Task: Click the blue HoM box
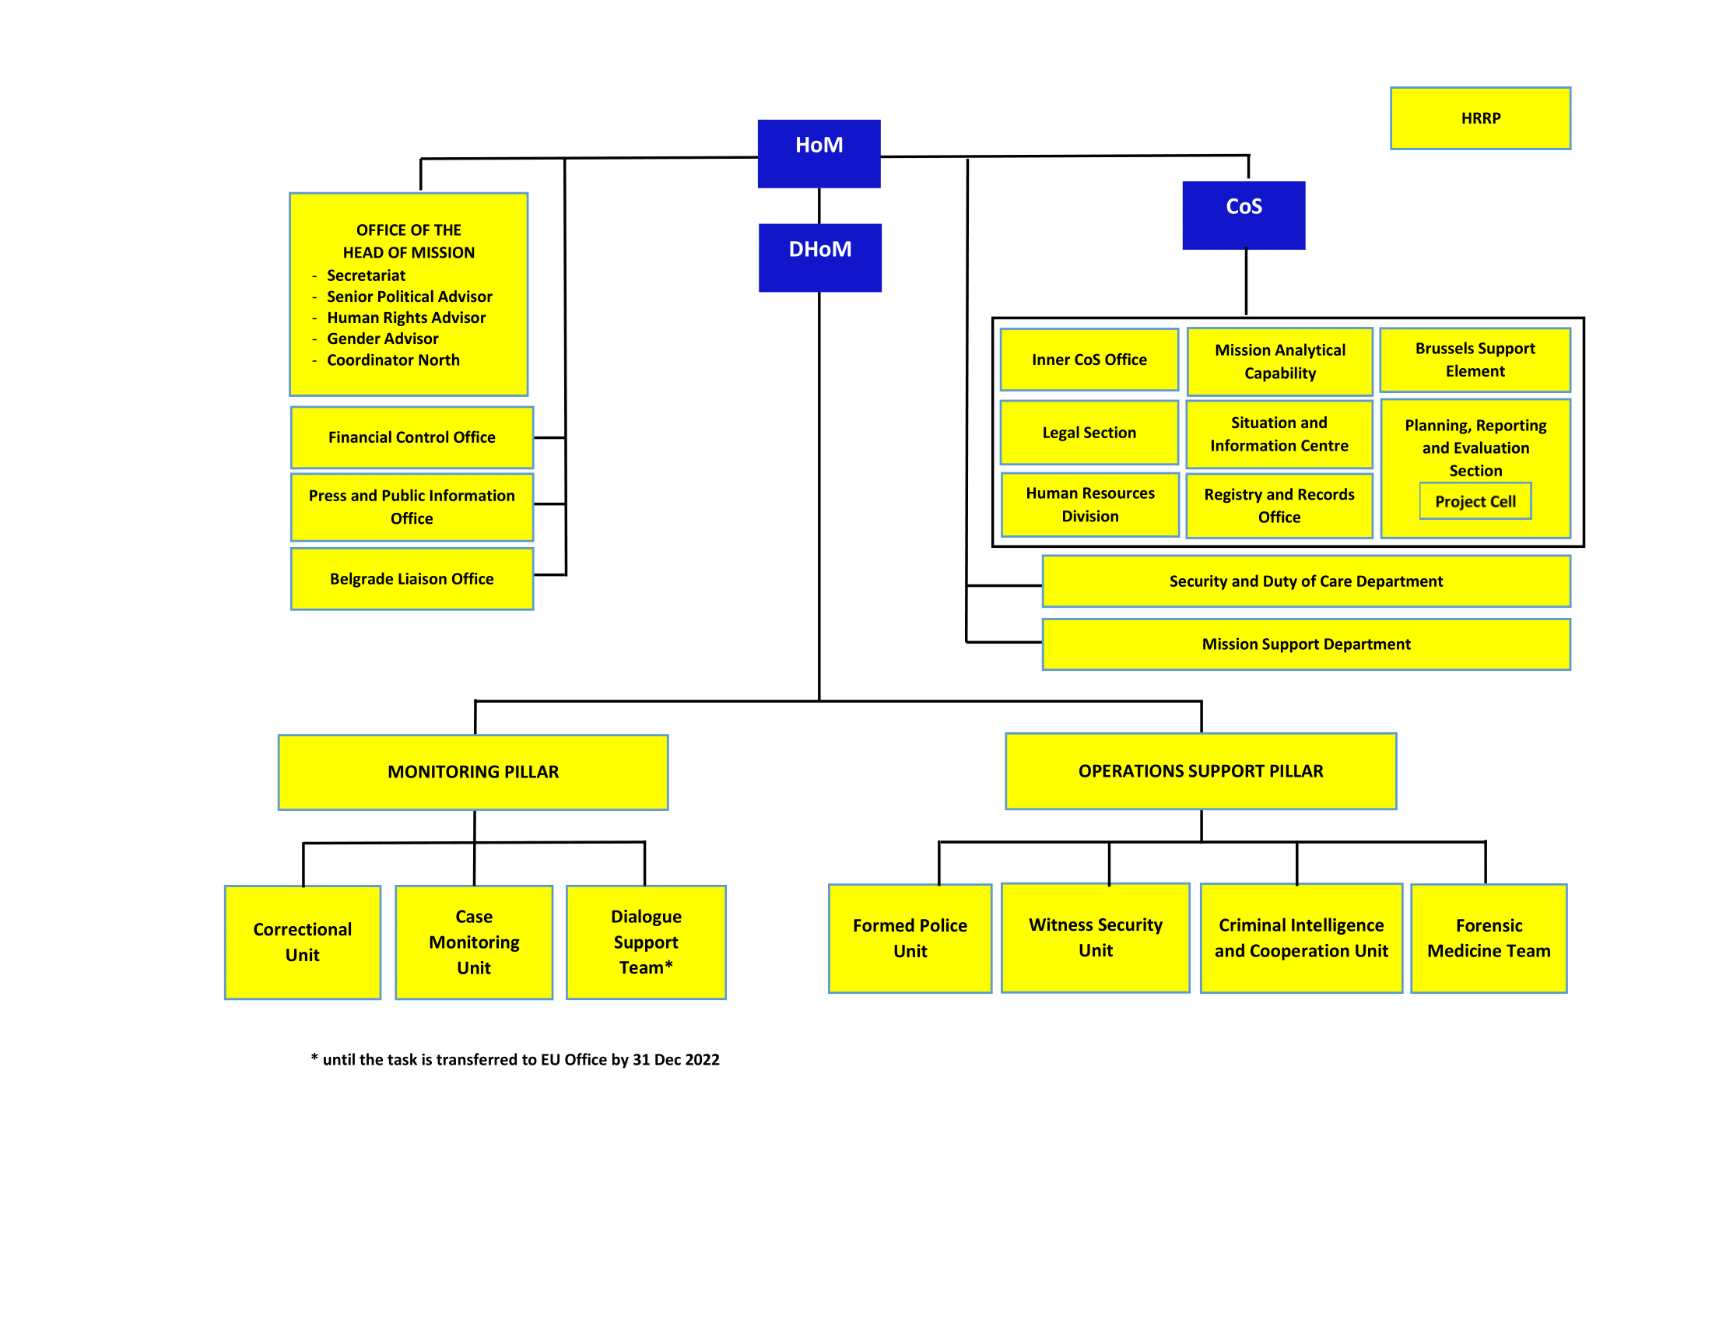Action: [x=819, y=153]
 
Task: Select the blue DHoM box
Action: [x=819, y=257]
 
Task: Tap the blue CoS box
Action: [x=1244, y=215]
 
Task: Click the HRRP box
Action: [x=1480, y=118]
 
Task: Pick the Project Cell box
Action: [x=1475, y=501]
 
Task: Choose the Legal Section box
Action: [x=1089, y=433]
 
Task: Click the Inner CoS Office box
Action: [x=1089, y=360]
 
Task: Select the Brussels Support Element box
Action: [x=1475, y=360]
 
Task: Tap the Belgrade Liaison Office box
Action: [x=412, y=578]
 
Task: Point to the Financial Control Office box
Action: [x=412, y=437]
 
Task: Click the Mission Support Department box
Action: [x=1306, y=644]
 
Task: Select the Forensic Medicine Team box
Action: [x=1488, y=939]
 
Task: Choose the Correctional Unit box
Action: [x=303, y=942]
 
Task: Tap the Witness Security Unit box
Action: [x=1095, y=938]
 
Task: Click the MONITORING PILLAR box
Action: [x=472, y=772]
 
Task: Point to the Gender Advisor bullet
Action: [x=383, y=339]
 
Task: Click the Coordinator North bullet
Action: [x=393, y=360]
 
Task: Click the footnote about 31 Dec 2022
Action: [x=515, y=1060]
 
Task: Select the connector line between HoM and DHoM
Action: [x=819, y=205]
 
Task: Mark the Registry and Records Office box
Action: [x=1279, y=506]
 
